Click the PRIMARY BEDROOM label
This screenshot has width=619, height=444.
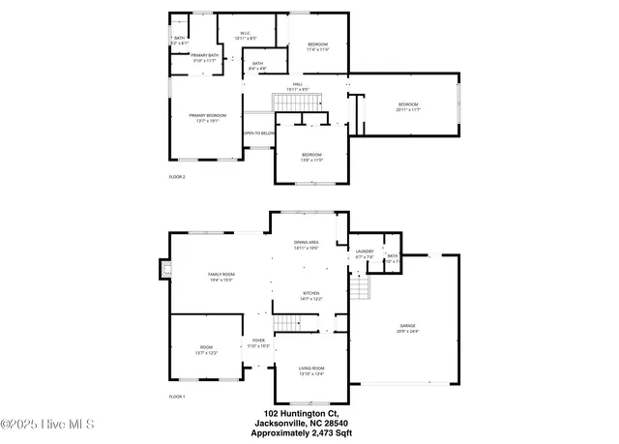tap(205, 117)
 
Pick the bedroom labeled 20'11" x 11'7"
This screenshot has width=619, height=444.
tap(407, 106)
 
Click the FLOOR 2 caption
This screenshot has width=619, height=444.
tap(177, 177)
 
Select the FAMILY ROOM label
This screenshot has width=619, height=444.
tap(221, 277)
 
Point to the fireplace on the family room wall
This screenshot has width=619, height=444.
tap(166, 274)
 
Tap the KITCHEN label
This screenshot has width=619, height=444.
tap(310, 295)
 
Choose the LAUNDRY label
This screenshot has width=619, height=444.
tap(364, 253)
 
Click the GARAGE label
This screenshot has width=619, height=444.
tap(408, 328)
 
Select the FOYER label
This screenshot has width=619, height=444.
tap(258, 342)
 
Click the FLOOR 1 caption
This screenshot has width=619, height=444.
tap(177, 398)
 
